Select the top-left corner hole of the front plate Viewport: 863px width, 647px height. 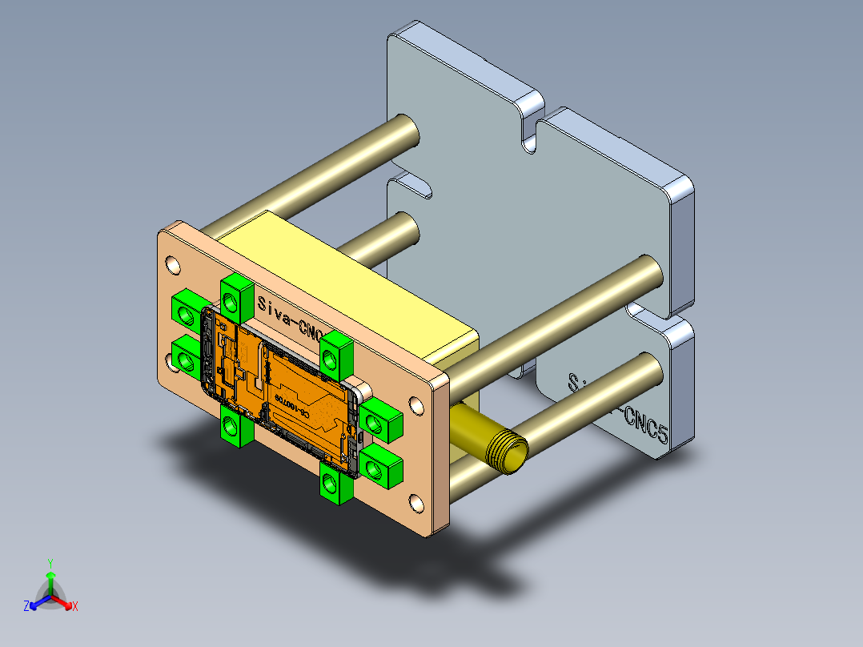(173, 263)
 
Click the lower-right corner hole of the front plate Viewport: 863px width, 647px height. (416, 504)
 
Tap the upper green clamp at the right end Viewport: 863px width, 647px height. (380, 420)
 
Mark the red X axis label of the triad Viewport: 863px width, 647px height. (75, 606)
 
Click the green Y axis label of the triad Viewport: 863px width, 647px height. (50, 563)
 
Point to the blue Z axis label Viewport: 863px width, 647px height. (26, 606)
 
